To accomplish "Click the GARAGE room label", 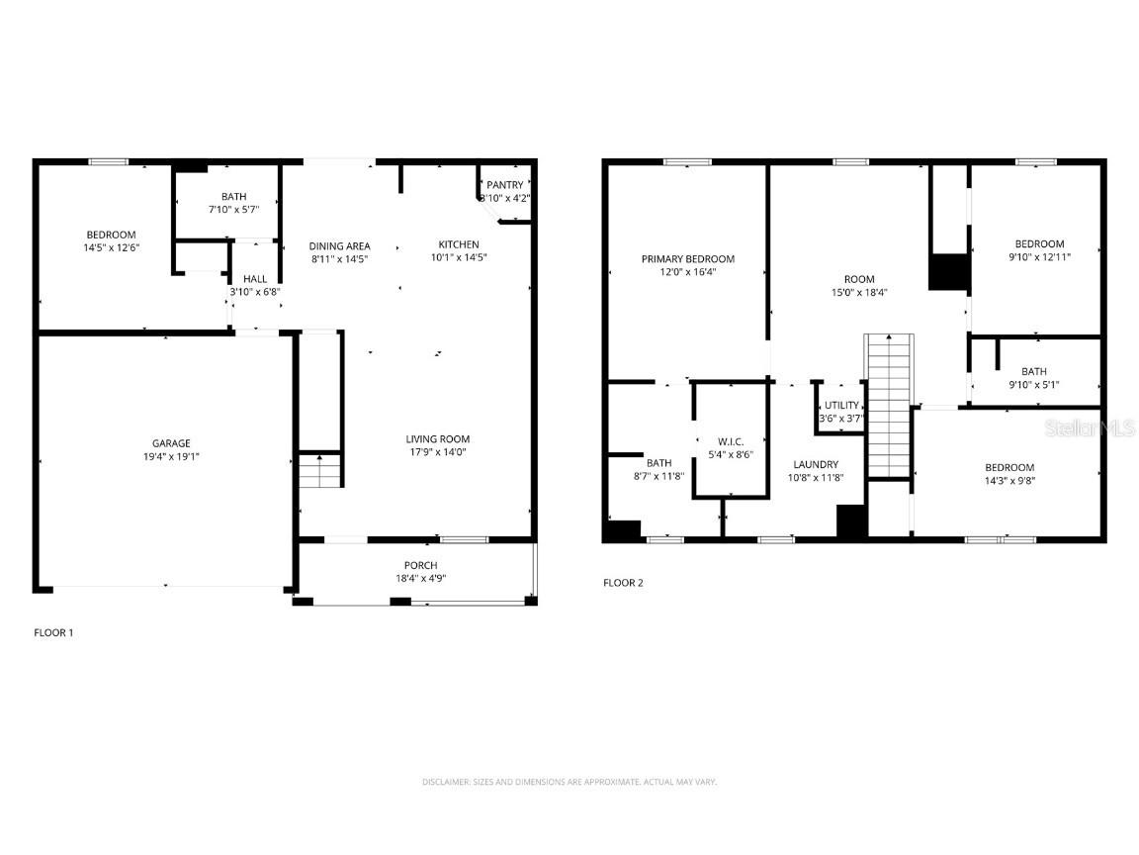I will tap(170, 443).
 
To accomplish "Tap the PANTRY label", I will tap(504, 185).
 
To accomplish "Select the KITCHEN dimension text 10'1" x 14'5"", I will tap(459, 257).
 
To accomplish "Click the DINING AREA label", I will tap(340, 246).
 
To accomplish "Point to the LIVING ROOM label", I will tap(437, 439).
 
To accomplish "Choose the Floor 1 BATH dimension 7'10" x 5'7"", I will tap(233, 209).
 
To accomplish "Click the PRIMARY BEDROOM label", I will tap(687, 259).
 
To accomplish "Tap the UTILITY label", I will tap(841, 406).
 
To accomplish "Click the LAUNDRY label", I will tap(815, 464).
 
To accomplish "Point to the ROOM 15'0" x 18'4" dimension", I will tap(859, 292).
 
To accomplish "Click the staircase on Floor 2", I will tap(889, 406).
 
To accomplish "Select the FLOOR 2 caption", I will tap(623, 583).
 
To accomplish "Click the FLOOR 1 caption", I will tap(53, 632).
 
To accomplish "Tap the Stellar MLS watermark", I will tap(1091, 428).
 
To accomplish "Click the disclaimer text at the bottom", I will tap(569, 782).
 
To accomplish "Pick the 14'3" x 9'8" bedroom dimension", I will tap(1008, 481).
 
